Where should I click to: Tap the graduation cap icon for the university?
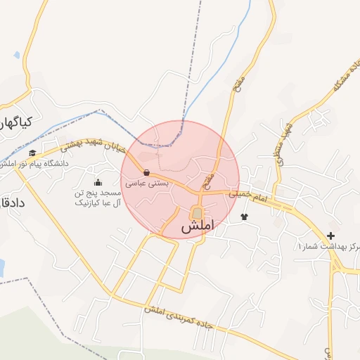click(32, 153)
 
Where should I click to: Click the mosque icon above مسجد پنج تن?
click(98, 183)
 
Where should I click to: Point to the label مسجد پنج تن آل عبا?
click(98, 198)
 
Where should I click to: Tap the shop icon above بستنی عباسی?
click(146, 172)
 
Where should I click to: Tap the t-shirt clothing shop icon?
click(244, 217)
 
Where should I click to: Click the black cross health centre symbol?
click(330, 235)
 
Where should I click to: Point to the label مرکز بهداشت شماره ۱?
click(328, 247)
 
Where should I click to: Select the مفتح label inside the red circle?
click(208, 181)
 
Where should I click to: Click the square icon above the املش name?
click(197, 213)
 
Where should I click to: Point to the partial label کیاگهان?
click(15, 123)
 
